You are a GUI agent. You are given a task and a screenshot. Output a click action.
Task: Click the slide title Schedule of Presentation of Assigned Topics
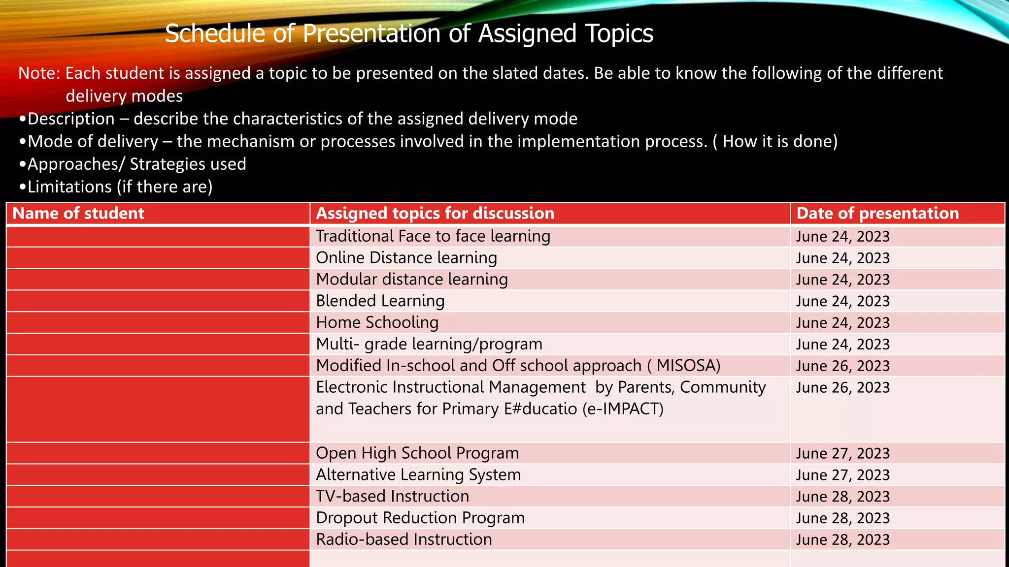(409, 33)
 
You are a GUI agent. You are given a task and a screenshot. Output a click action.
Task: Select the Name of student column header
(78, 213)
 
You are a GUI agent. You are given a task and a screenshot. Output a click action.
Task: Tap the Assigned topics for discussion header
(435, 213)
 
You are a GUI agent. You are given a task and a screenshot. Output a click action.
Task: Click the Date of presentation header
(877, 213)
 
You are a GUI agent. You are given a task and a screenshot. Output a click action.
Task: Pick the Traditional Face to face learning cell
(433, 236)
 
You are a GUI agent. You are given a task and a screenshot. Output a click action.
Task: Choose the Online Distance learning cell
(406, 258)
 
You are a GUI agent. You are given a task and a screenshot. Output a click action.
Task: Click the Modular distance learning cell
(411, 280)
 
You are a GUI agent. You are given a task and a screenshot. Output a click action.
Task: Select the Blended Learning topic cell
(380, 301)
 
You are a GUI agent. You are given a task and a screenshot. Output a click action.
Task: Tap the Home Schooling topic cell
(377, 322)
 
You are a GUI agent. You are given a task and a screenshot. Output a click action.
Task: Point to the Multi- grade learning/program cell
(429, 344)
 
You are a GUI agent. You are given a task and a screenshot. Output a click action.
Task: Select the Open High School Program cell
(417, 453)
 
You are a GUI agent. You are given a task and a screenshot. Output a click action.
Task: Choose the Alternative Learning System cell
(418, 474)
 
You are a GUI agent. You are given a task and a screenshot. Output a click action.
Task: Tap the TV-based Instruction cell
(392, 496)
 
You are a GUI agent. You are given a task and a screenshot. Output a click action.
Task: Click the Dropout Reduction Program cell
(420, 518)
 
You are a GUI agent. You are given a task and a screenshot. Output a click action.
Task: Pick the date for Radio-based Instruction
(842, 539)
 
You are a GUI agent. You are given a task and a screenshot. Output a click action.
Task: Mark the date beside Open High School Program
(842, 453)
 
